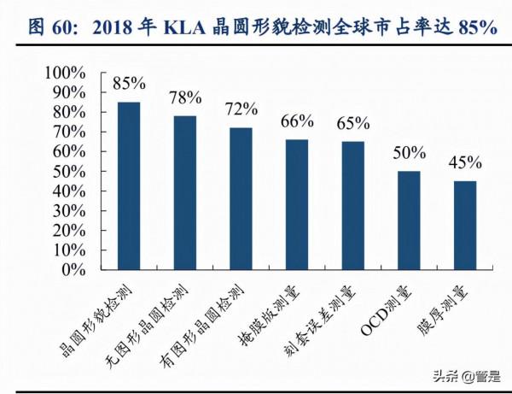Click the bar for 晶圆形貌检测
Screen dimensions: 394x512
coord(128,185)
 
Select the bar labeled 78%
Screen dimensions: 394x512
coord(184,192)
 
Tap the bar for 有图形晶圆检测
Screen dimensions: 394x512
coord(241,198)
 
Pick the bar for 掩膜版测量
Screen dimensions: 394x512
coord(297,204)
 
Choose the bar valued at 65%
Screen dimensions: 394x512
coord(352,205)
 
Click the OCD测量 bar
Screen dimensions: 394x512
coord(409,220)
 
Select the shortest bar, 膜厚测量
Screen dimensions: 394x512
coord(465,225)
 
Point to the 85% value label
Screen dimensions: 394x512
coord(128,84)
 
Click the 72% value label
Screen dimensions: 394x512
coord(241,109)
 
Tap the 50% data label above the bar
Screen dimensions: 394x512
coord(409,153)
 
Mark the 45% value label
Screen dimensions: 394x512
coord(465,162)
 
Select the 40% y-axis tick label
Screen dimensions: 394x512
coord(75,191)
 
